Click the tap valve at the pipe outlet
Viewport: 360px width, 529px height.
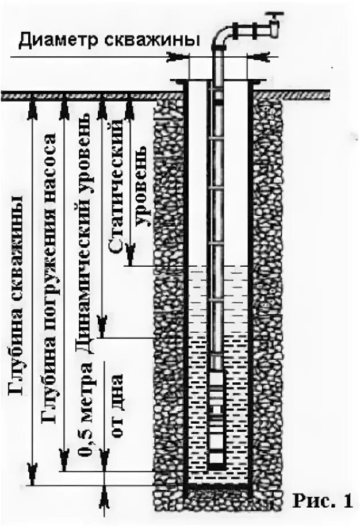[275, 23]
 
